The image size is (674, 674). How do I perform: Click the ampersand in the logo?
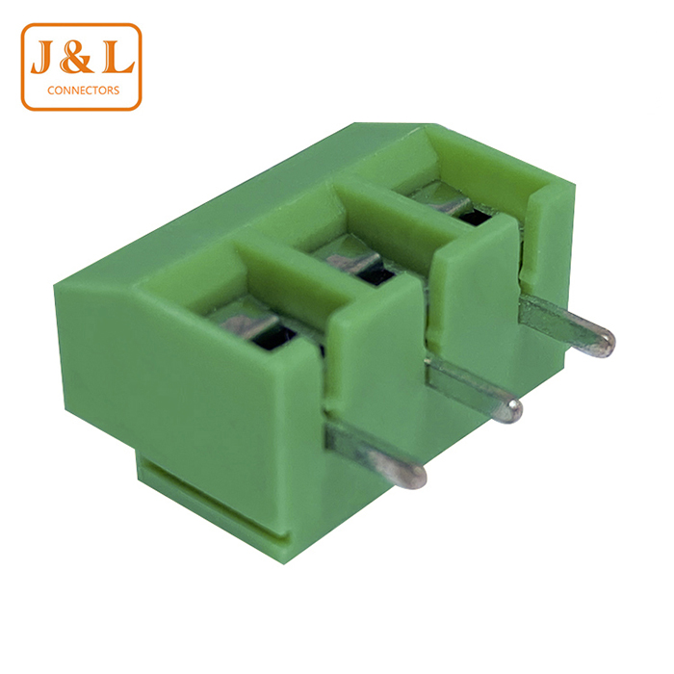click(x=77, y=57)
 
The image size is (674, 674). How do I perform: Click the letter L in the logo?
click(x=117, y=57)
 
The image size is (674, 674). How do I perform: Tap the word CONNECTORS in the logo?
click(x=84, y=91)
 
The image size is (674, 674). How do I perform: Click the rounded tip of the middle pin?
click(x=510, y=410)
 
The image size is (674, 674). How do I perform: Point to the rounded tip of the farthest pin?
click(x=603, y=343)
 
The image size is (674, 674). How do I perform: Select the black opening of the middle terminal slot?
click(x=377, y=274)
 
